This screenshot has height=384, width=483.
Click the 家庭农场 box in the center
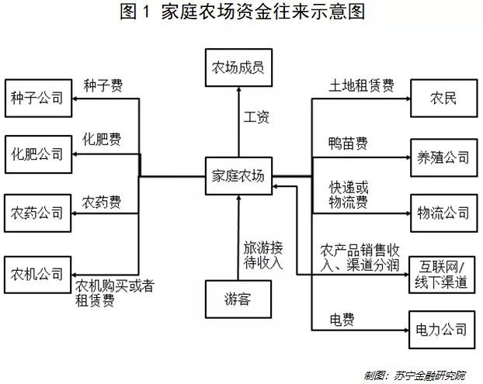pyautogui.click(x=238, y=176)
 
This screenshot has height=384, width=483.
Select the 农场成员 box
pyautogui.click(x=238, y=67)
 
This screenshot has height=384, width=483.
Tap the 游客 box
pyautogui.click(x=238, y=299)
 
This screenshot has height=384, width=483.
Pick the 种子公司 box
pyautogui.click(x=38, y=99)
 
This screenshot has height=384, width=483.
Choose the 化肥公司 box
pyautogui.click(x=38, y=154)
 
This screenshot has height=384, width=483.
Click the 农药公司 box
pyautogui.click(x=37, y=213)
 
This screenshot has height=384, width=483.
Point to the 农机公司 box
pyautogui.click(x=37, y=275)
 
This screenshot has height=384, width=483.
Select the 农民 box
pyautogui.click(x=444, y=99)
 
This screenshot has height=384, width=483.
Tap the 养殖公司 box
pyautogui.click(x=444, y=157)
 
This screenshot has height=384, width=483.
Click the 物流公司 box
pyautogui.click(x=444, y=213)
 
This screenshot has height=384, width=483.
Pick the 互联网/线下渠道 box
pyautogui.click(x=442, y=275)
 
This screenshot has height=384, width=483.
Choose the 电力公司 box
pyautogui.click(x=442, y=330)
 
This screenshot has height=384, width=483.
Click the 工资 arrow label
pyautogui.click(x=256, y=117)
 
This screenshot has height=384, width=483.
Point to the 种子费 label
pyautogui.click(x=103, y=85)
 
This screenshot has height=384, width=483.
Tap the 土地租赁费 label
pyautogui.click(x=361, y=85)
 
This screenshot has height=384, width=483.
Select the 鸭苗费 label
pyautogui.click(x=348, y=144)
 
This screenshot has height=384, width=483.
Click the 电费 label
pyautogui.click(x=342, y=320)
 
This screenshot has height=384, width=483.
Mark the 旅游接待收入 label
pyautogui.click(x=263, y=255)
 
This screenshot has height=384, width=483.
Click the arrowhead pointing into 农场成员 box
pyautogui.click(x=238, y=89)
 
